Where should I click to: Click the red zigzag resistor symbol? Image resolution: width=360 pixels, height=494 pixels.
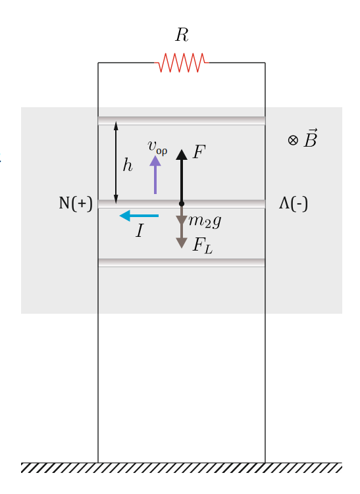pos(181,62)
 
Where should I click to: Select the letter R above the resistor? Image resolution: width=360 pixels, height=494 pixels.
pos(182,35)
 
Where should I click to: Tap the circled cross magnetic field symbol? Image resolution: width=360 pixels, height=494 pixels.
pos(293,140)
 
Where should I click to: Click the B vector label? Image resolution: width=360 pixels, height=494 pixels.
pos(311,138)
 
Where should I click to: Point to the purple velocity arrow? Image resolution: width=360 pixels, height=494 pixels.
pos(155,174)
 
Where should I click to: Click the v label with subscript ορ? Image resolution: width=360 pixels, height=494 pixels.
pos(157,147)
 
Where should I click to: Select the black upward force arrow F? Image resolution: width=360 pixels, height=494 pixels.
pos(182,177)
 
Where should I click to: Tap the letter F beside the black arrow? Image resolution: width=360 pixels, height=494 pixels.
pos(199,151)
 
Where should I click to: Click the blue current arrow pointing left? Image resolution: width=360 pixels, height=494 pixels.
pos(139,216)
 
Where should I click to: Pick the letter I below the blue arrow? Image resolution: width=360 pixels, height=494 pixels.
pos(140,231)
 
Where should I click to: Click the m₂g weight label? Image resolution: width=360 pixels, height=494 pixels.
pos(205,221)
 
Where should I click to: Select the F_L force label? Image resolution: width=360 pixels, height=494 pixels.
pos(203,245)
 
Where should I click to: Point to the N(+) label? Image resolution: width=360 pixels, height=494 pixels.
pos(76,203)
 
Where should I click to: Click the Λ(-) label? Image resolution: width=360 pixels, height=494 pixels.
pos(294,203)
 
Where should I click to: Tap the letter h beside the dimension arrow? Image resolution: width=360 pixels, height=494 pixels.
pos(128,165)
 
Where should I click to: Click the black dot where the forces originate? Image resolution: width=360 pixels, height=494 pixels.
pos(182,204)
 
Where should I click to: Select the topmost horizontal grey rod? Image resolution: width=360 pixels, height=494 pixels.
pos(182,121)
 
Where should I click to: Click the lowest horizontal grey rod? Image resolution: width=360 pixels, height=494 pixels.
pos(182,262)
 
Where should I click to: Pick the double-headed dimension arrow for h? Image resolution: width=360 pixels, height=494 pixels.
pos(116,162)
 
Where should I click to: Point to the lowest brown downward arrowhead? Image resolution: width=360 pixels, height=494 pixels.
pos(182,243)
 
